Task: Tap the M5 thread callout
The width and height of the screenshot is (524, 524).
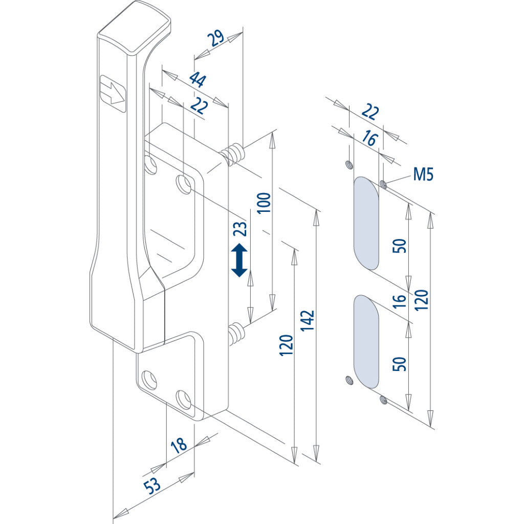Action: pyautogui.click(x=423, y=175)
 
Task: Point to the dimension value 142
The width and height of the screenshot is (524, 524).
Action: pyautogui.click(x=308, y=321)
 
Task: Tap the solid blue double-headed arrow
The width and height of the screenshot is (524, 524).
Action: pyautogui.click(x=239, y=260)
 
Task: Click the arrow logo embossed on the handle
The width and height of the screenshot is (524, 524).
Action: pyautogui.click(x=113, y=94)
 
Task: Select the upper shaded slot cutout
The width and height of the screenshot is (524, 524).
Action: pyautogui.click(x=366, y=223)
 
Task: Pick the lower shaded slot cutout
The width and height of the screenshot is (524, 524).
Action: pyautogui.click(x=366, y=341)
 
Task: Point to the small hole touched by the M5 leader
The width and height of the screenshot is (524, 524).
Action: pyautogui.click(x=384, y=183)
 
